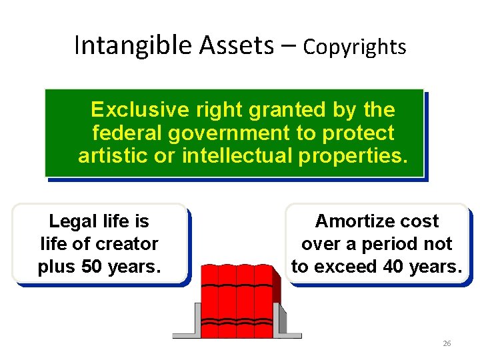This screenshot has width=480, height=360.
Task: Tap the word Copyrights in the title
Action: click(x=354, y=47)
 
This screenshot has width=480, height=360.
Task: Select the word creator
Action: click(x=127, y=244)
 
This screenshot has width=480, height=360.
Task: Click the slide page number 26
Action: click(x=447, y=343)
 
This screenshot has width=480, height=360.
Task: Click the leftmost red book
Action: click(x=210, y=300)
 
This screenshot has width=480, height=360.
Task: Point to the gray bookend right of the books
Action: click(x=281, y=320)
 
